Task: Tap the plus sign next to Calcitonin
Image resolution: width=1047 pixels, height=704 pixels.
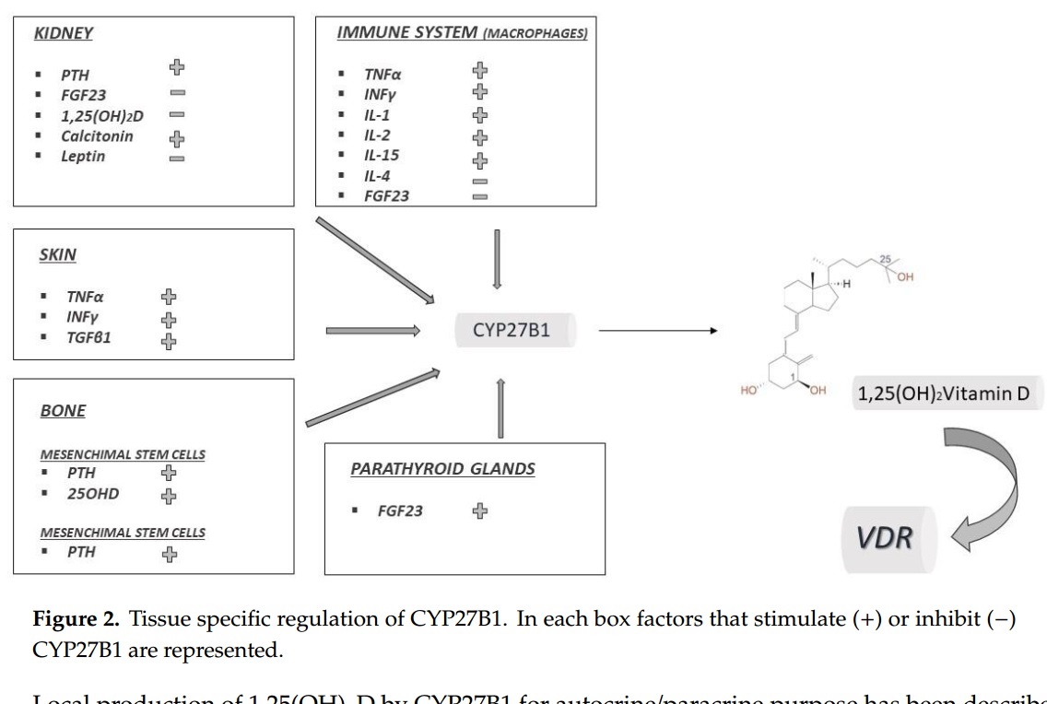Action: pyautogui.click(x=177, y=138)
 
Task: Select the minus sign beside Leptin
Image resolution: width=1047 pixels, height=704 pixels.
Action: pyautogui.click(x=177, y=158)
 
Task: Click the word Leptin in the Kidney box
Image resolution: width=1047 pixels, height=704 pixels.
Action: pyautogui.click(x=83, y=157)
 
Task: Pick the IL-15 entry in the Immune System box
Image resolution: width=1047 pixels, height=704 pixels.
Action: pyautogui.click(x=382, y=155)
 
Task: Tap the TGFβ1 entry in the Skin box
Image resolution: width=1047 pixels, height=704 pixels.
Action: pyautogui.click(x=88, y=338)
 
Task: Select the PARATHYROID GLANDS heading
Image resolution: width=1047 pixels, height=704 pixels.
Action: pyautogui.click(x=442, y=469)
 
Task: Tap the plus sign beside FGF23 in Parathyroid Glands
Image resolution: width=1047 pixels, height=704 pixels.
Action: pyautogui.click(x=479, y=510)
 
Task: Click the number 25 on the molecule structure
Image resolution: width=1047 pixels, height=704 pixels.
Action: pyautogui.click(x=885, y=259)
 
